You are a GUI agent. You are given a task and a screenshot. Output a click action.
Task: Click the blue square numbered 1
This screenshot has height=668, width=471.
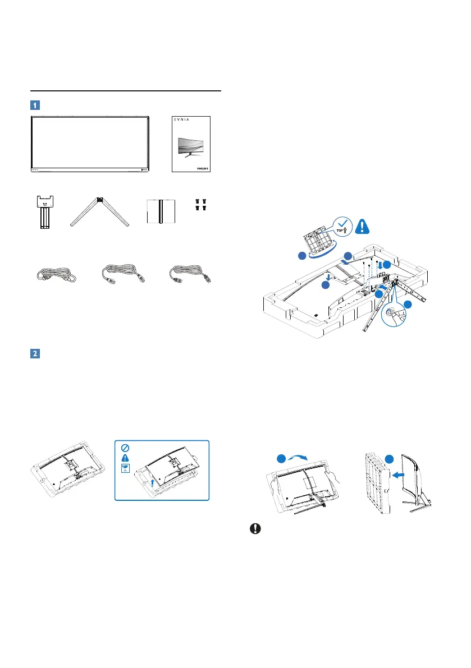click(x=35, y=105)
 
